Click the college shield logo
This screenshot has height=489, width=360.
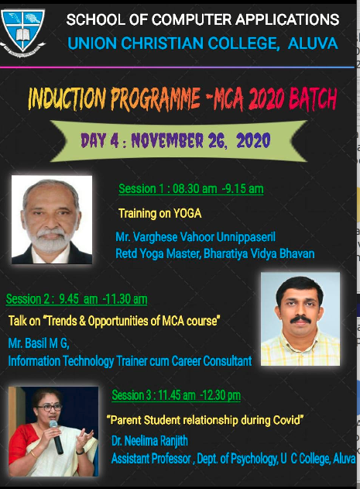pos(22,30)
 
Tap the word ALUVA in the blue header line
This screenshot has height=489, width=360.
pos(313,43)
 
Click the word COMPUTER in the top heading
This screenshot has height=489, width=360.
pos(192,19)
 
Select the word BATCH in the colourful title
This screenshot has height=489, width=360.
pos(313,98)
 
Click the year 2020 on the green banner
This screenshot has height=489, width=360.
pos(253,140)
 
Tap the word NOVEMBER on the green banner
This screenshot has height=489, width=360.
pos(167,140)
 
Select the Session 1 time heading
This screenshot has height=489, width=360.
pos(190,188)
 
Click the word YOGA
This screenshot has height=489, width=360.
pos(187,214)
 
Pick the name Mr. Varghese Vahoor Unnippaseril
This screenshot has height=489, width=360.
pos(195,237)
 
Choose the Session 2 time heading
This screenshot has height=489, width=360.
pos(77,299)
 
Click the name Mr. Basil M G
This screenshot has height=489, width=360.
pos(39,343)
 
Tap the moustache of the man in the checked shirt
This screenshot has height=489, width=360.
pos(300,319)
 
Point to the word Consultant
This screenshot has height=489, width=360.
pos(228,361)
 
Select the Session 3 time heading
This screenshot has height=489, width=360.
pos(176,395)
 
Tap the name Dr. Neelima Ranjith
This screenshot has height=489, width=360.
pos(149,441)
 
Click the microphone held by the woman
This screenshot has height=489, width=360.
pos(56,436)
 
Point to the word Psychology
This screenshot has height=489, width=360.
pos(254,459)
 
